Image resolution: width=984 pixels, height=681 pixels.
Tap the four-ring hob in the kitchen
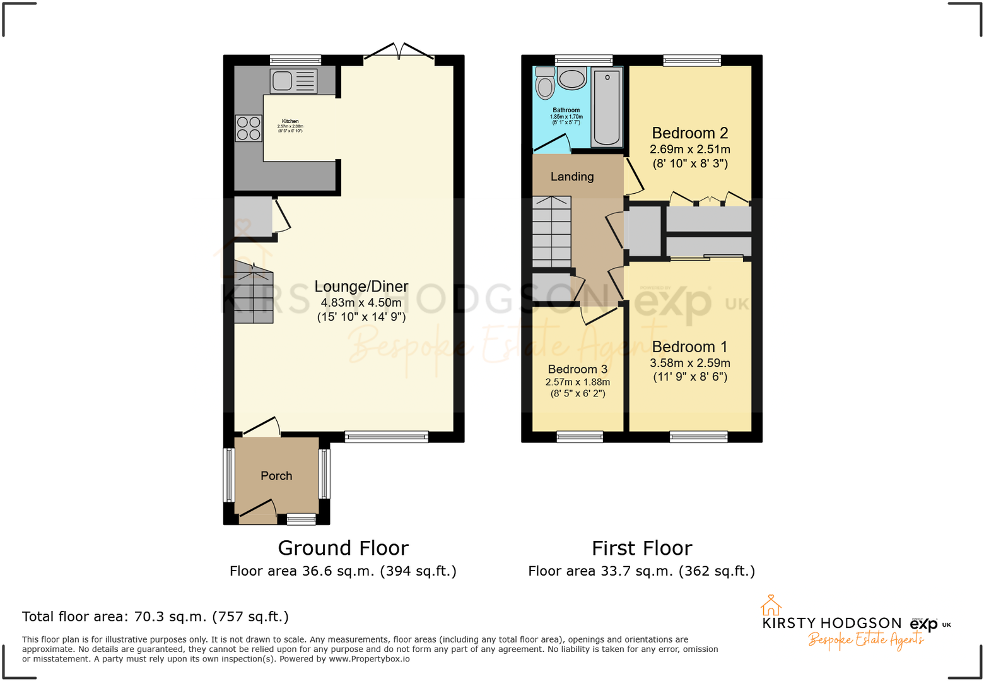[249, 128]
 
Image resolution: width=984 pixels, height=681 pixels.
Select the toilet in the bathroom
[545, 84]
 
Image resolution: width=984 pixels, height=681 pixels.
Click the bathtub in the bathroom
[607, 107]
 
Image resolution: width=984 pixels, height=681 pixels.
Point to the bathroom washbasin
[572, 79]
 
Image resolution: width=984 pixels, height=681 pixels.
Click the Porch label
[276, 476]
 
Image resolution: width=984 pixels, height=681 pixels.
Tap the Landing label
[572, 177]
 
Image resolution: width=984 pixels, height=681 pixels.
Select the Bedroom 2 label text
[689, 133]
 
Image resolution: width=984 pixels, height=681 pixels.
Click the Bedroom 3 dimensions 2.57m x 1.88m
[577, 382]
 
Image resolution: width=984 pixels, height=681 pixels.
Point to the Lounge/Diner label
[361, 287]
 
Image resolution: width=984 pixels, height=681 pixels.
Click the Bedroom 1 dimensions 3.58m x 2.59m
[689, 363]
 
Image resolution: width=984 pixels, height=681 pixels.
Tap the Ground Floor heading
[343, 548]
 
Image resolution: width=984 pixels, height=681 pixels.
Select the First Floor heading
[641, 548]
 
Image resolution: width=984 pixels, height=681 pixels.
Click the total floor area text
[155, 617]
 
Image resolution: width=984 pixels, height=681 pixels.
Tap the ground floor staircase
[254, 294]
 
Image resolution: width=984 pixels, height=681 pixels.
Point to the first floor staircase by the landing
[551, 232]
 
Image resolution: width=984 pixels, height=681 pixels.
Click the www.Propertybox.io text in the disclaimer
[369, 659]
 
